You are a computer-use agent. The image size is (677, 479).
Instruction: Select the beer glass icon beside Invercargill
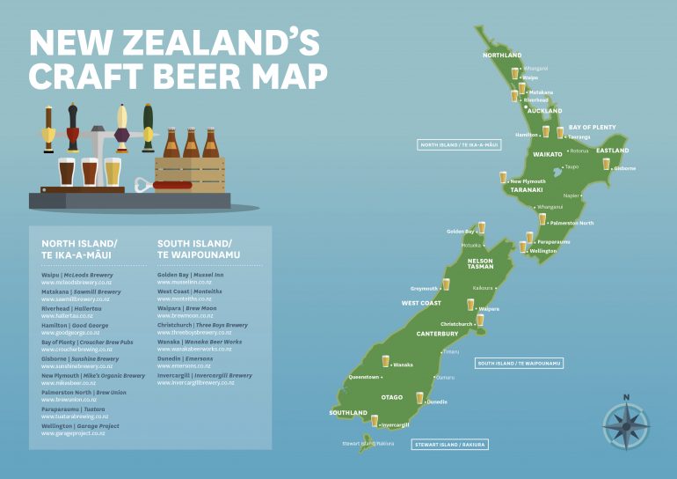pos(375,424)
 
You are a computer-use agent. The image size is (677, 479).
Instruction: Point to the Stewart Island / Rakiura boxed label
pos(450,445)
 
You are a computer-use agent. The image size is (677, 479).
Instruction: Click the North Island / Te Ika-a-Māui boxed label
pos(459,144)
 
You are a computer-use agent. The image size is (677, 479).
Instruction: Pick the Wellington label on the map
pos(542,251)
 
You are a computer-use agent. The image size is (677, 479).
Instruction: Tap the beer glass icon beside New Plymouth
pos(503,177)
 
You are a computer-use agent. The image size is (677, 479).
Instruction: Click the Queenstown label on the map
pos(364,377)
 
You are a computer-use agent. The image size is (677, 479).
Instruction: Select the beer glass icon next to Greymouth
pos(446,284)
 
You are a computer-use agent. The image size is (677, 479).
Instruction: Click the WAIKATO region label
pos(547,154)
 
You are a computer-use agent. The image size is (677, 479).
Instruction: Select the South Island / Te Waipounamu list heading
pos(194,248)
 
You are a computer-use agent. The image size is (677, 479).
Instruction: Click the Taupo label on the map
pos(571,166)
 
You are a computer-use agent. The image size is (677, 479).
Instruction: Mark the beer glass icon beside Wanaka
pos(385,360)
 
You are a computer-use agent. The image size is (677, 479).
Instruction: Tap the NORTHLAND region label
pos(502,55)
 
